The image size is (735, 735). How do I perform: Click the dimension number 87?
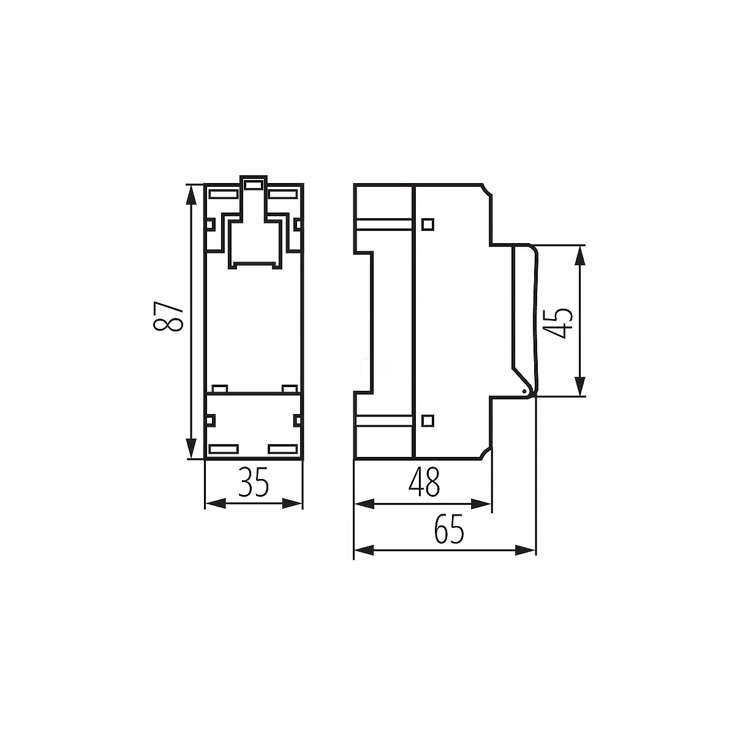click(168, 317)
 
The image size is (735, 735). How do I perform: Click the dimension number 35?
click(254, 482)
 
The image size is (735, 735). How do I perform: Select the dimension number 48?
click(424, 482)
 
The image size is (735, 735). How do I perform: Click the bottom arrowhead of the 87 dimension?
click(191, 448)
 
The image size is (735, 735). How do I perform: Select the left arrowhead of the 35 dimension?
click(216, 503)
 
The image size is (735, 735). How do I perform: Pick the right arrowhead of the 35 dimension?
click(292, 503)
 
